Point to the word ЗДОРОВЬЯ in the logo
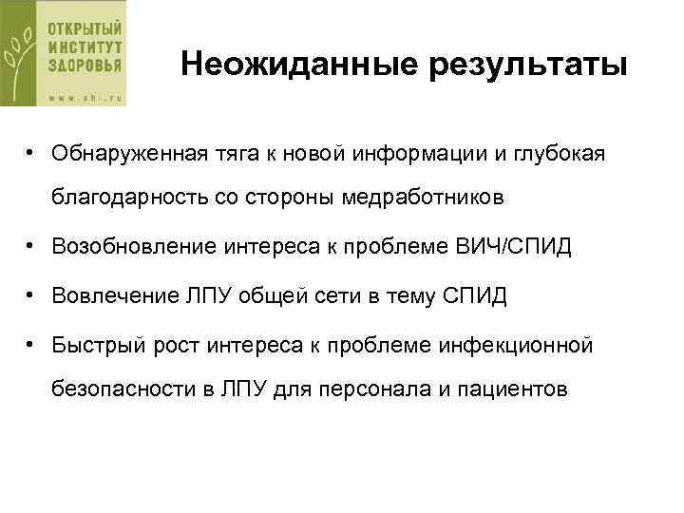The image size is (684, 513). point(85,68)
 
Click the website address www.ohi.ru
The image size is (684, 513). point(85,94)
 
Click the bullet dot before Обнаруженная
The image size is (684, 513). point(31,152)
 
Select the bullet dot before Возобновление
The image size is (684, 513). point(31,247)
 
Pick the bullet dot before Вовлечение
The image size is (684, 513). point(31,295)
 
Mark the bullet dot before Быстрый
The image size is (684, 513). point(31,342)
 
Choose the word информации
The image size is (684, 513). point(401,153)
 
